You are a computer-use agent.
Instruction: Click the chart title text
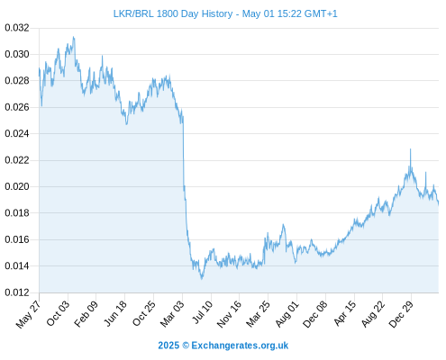point(225,13)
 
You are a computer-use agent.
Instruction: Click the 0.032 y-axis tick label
point(17,28)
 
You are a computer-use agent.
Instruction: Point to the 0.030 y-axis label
point(17,54)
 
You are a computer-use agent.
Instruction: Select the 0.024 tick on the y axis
point(17,133)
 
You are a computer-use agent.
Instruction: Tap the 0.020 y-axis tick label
point(17,186)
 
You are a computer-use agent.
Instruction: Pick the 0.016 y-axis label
point(17,239)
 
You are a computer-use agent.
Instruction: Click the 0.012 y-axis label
point(17,292)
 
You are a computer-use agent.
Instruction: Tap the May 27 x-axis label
point(29,314)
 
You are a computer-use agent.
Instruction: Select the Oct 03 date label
point(58,313)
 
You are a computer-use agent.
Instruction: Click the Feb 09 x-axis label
point(86,314)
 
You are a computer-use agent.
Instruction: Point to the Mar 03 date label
point(172,314)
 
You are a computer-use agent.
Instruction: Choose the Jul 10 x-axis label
point(203,312)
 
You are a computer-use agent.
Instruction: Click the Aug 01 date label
point(287,314)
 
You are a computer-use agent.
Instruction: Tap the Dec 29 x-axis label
point(401,314)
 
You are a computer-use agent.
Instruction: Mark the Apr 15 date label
point(345,313)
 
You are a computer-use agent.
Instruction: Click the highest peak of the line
point(73,37)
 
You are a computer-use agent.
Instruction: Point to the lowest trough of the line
point(202,279)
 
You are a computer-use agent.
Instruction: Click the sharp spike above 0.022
point(410,149)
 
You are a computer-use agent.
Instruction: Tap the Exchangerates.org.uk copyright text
point(223,346)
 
